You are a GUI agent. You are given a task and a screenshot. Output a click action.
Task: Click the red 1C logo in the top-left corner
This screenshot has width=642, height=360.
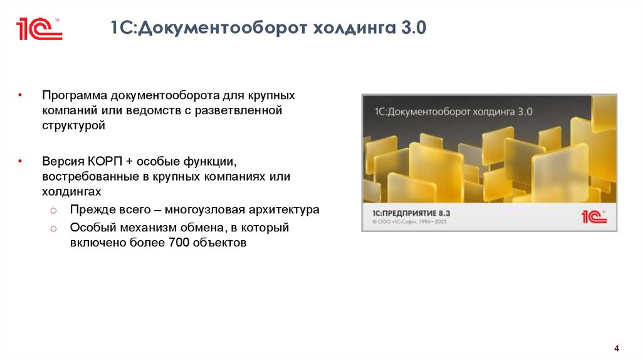pyautogui.click(x=39, y=28)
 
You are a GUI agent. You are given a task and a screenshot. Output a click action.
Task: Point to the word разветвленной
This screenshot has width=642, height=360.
pyautogui.click(x=248, y=110)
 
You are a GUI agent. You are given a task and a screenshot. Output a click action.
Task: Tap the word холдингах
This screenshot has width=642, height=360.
pyautogui.click(x=72, y=191)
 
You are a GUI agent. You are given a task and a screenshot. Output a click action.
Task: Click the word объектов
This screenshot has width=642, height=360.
pyautogui.click(x=219, y=243)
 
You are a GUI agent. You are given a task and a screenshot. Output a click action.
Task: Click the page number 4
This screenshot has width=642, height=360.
pyautogui.click(x=616, y=349)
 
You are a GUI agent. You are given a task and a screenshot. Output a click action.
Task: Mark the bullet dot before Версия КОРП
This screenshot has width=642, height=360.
pyautogui.click(x=20, y=161)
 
